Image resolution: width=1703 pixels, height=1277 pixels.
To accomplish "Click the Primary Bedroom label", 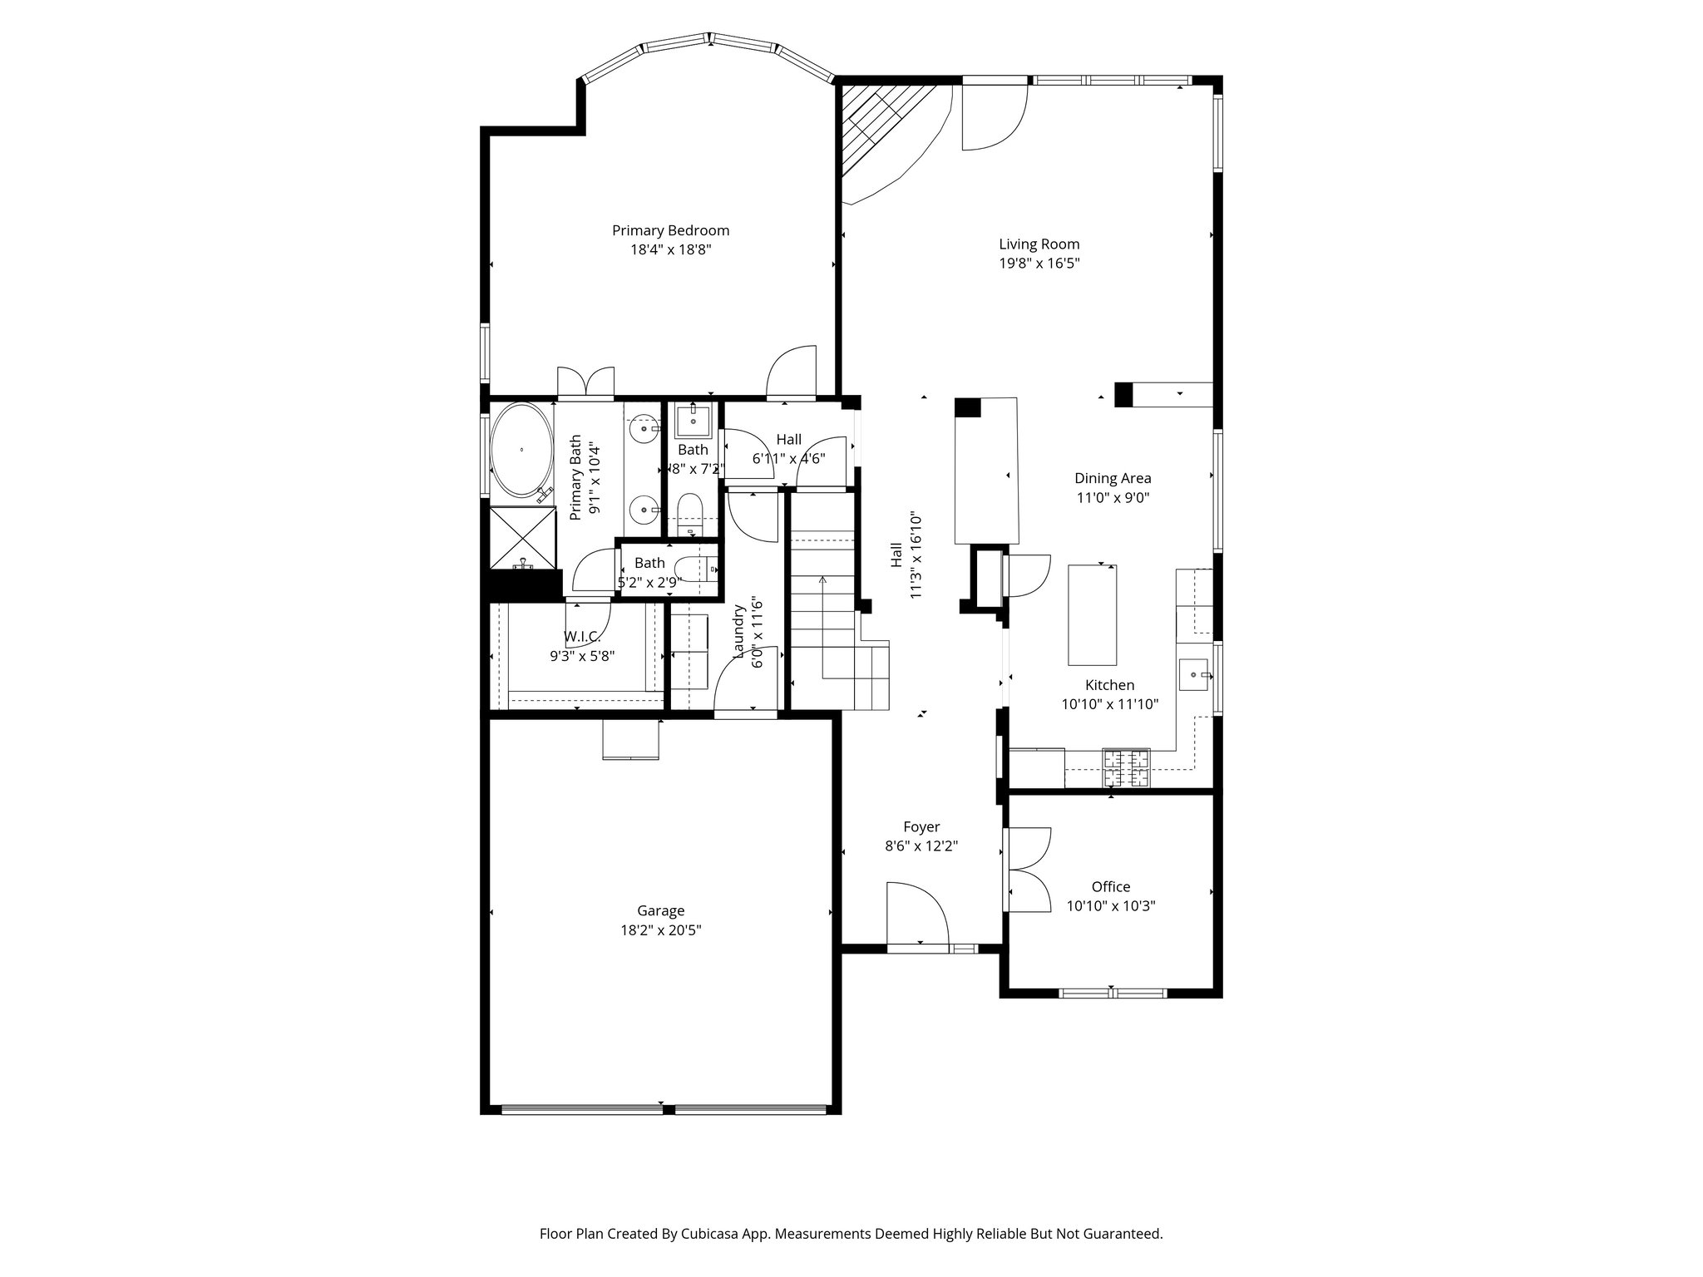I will click(x=670, y=230).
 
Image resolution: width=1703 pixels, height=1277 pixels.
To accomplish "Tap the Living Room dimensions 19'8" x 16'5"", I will click(x=1039, y=264).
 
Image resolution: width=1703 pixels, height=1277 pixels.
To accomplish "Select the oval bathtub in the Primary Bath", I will click(x=521, y=450).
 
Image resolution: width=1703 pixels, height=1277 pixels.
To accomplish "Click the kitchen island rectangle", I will click(x=1092, y=614).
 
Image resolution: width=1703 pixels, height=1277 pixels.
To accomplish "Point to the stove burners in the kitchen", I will click(x=1126, y=767).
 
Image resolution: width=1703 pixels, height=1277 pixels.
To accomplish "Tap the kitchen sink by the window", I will click(x=1194, y=673).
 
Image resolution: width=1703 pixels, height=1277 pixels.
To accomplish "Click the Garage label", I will click(x=660, y=910).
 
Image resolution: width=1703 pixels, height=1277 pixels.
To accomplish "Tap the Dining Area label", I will click(x=1113, y=478).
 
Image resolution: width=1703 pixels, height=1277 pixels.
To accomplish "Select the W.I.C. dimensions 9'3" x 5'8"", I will click(x=581, y=655).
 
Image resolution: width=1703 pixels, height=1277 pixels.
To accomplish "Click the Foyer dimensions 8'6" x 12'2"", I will click(x=921, y=846).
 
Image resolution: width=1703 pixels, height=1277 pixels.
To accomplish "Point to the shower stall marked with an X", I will click(x=521, y=536).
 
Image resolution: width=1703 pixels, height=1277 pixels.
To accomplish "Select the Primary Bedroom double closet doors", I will click(x=585, y=382).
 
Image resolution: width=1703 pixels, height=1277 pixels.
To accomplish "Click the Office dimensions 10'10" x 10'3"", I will click(x=1111, y=905).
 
